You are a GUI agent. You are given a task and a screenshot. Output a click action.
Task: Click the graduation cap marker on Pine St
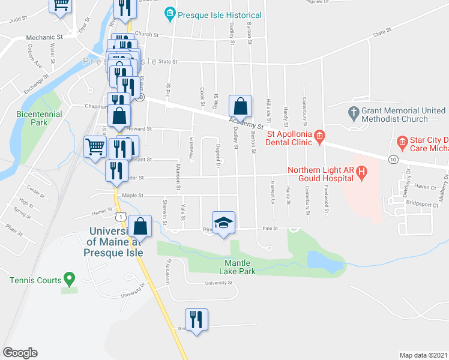coord(224,223)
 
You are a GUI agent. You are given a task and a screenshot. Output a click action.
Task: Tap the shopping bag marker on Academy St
coord(240,106)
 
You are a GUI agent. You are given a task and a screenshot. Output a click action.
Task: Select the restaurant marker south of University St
coord(196,319)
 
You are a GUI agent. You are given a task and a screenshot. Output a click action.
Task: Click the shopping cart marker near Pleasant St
coord(95,146)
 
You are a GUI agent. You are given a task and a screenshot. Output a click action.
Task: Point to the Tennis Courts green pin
coord(69,279)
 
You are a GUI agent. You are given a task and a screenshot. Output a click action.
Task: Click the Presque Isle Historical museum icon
coord(170,14)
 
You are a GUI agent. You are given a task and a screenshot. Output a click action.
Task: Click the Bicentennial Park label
coord(32,118)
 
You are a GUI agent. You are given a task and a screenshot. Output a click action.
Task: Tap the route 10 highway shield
coord(393,159)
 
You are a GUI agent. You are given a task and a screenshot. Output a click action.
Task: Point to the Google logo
coord(20,353)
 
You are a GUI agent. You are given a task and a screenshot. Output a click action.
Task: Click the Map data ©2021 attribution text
coord(423,355)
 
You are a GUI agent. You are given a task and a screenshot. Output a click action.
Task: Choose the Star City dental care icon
coord(403,142)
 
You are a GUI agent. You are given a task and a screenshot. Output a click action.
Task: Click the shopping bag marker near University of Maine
coord(140,226)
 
